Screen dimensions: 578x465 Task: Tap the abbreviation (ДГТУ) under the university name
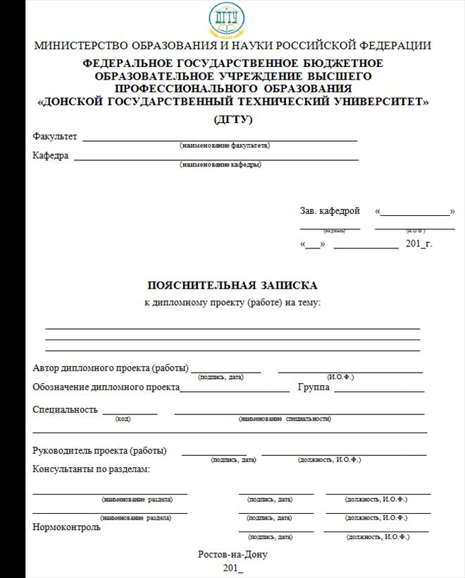233,119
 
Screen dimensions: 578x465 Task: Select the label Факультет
55,136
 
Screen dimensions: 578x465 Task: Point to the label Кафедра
51,155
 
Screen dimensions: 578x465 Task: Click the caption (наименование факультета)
225,145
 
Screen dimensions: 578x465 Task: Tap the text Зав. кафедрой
330,210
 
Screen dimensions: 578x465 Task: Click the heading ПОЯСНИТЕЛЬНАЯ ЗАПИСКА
232,285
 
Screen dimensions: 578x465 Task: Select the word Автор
46,368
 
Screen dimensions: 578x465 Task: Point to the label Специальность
65,409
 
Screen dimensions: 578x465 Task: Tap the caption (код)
123,419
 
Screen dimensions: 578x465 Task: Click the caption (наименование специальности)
285,419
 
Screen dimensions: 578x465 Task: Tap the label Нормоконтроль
66,526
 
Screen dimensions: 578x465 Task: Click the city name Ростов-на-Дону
232,554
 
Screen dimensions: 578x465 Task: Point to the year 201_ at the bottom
232,567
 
